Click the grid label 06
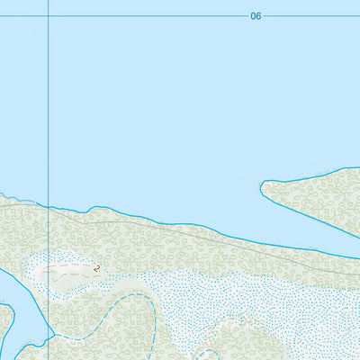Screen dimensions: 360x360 click(256, 16)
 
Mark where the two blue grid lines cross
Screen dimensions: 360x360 click(48, 16)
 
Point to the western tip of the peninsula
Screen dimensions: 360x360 click(262, 186)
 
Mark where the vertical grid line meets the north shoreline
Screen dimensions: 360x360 click(48, 207)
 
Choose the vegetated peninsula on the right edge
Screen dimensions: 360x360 click(315, 198)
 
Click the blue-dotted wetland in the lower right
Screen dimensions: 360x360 click(270, 306)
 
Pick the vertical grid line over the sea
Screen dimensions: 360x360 click(48, 108)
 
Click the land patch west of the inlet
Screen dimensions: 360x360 click(4, 328)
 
